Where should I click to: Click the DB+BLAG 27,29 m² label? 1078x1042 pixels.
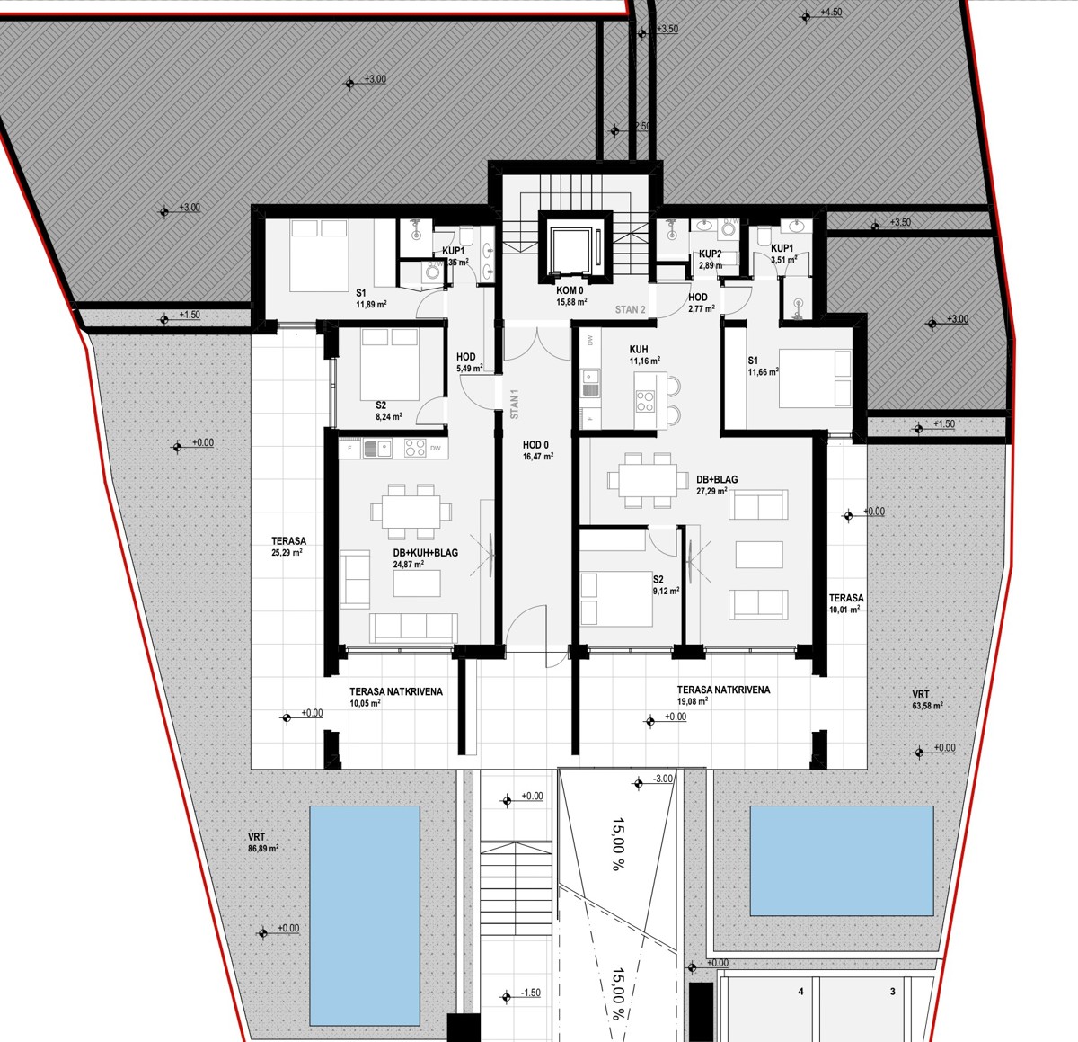coord(716,485)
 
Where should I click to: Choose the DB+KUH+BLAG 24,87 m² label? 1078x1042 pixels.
coord(425,558)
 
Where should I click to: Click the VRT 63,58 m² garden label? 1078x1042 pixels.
coord(927,699)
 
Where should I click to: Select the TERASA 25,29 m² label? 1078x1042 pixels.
coord(288,547)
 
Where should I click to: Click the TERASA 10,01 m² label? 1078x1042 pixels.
coord(845,603)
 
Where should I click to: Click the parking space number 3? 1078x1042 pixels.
coord(892,993)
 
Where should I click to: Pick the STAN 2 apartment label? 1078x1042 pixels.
coord(630,310)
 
